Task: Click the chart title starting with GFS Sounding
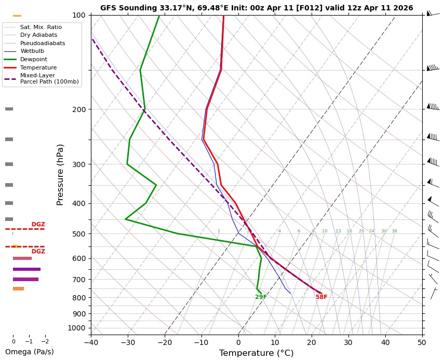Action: click(x=257, y=8)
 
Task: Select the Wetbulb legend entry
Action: click(x=32, y=51)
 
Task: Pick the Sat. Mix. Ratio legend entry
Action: click(x=41, y=26)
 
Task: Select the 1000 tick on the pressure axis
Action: click(x=77, y=328)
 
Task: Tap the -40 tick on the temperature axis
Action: click(x=91, y=342)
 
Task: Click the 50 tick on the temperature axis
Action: click(x=422, y=342)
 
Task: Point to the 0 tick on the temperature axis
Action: click(x=238, y=342)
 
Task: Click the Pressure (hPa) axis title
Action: click(x=60, y=174)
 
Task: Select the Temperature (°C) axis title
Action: click(x=257, y=353)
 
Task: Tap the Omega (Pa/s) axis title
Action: click(x=29, y=352)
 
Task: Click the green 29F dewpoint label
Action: click(x=261, y=297)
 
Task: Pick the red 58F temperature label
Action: click(x=321, y=297)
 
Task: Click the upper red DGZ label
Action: click(x=38, y=225)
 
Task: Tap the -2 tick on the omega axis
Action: click(x=45, y=342)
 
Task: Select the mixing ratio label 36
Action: click(x=394, y=231)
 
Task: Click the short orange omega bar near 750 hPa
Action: click(x=18, y=288)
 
